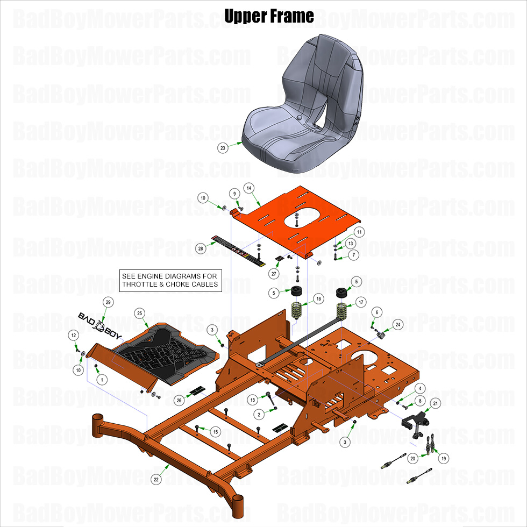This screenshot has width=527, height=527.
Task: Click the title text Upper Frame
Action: pos(269,16)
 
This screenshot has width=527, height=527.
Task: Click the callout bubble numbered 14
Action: pos(248,188)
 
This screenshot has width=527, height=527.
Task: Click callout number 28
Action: pos(201,248)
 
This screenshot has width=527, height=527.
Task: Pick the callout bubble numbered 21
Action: pos(436,403)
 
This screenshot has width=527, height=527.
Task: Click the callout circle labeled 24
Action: pos(397,324)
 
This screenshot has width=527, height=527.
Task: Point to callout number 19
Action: pos(444,458)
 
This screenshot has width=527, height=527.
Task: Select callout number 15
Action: pos(215,432)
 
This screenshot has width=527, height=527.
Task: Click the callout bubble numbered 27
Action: pos(274,273)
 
